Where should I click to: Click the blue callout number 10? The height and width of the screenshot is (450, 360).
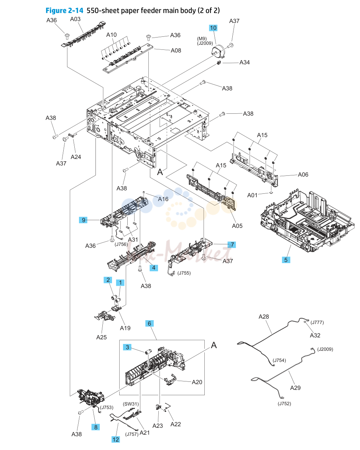point(213,28)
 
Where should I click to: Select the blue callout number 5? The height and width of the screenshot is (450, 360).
point(286,260)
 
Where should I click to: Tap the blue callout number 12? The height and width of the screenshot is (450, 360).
point(115,439)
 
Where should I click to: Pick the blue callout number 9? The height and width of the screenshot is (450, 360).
point(83,220)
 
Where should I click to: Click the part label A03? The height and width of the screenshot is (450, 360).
point(75,19)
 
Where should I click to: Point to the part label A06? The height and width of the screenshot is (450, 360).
point(303,175)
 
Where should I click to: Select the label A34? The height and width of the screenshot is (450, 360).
point(245,62)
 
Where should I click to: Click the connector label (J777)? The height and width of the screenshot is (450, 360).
point(317,322)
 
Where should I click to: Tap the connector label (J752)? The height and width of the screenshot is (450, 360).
point(284,404)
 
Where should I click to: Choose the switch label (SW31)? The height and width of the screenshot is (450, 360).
point(131,404)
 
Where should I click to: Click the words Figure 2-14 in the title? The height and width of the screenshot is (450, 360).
point(64,11)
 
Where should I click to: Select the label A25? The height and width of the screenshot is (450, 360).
point(102,337)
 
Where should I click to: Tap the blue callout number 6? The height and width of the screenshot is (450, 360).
point(150,324)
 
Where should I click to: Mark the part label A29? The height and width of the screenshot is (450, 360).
point(295,388)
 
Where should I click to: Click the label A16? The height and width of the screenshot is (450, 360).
point(163,199)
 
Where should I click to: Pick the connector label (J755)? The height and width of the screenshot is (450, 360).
point(184,273)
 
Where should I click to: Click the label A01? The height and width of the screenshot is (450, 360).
point(252,195)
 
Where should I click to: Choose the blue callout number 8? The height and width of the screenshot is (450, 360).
point(96,427)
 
